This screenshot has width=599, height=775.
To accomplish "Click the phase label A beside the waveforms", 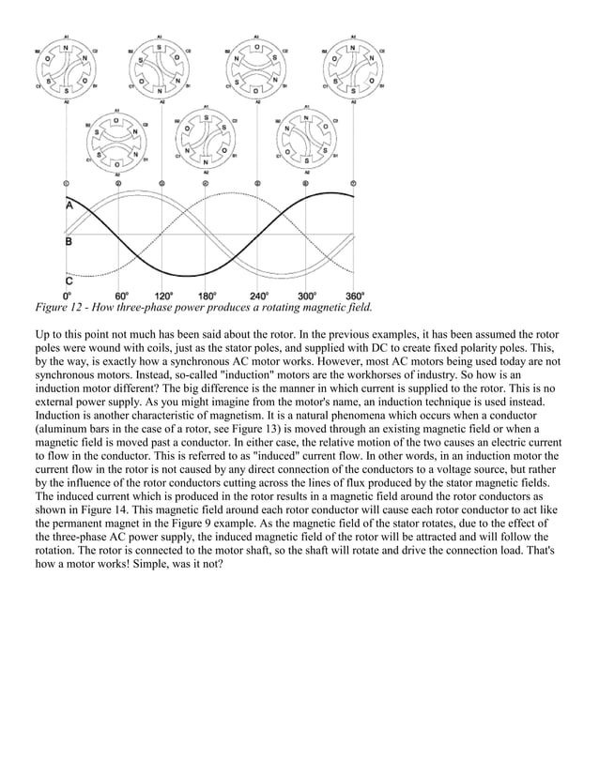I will [69, 205].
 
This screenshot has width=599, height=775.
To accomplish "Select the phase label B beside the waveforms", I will [69, 241].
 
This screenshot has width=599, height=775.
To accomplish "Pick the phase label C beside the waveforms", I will [69, 279].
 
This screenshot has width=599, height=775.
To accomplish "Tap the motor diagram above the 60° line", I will [115, 141].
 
